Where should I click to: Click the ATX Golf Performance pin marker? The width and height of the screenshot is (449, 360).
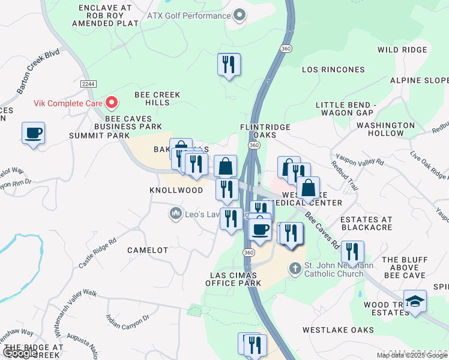point(240,16)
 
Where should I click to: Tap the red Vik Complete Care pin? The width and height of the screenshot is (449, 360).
point(111,103)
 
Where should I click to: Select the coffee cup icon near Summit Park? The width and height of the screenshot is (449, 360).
point(33,133)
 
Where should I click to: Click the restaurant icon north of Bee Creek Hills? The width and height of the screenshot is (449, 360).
point(229,64)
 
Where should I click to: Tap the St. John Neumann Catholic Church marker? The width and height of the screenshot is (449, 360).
point(294,268)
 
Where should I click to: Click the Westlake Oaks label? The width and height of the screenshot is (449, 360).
point(338,330)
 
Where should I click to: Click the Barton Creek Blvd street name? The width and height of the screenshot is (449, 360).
point(38,71)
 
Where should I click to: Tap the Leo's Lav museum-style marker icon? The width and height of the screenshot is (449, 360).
point(176,214)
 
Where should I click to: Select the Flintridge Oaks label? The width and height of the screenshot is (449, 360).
point(265,131)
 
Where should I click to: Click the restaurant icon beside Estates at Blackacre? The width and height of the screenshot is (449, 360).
point(352,251)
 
